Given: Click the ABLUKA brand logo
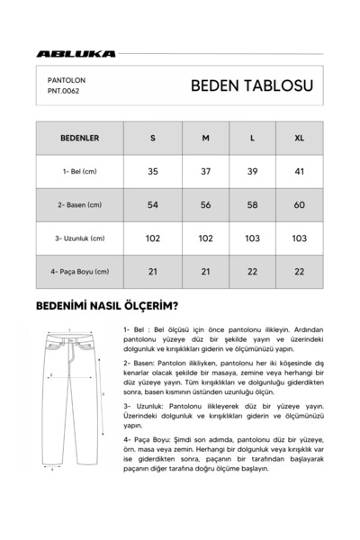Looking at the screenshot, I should [x=76, y=54].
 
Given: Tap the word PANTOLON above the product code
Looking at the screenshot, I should [x=67, y=79].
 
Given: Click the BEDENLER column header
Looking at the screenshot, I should [x=79, y=139].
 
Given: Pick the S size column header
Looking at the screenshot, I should [x=152, y=139].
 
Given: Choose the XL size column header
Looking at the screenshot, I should [x=299, y=139].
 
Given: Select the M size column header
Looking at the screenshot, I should [x=205, y=139].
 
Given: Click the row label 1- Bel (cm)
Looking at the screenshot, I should [x=79, y=171].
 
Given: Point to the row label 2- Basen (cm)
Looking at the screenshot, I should [x=79, y=205].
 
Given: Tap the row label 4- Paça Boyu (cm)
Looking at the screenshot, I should [x=79, y=271].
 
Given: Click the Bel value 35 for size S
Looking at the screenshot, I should [x=152, y=171].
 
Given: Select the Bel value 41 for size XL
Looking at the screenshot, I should [x=299, y=171].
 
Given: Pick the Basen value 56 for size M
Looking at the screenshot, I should [x=205, y=205].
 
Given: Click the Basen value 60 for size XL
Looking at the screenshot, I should [x=299, y=205].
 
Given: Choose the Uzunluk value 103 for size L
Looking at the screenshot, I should [x=252, y=238].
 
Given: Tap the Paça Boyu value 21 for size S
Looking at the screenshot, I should [x=152, y=271].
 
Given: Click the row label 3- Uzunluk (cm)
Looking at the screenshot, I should [x=79, y=238].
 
